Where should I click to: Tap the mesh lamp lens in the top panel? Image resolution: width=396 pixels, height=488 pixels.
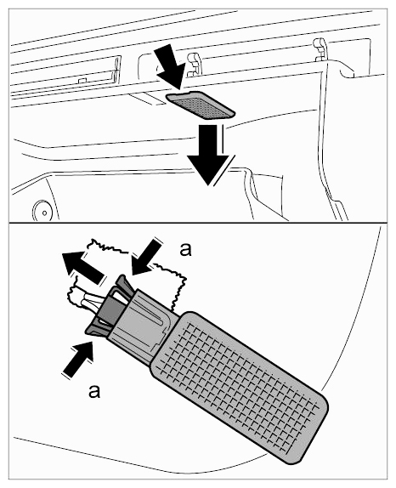201,105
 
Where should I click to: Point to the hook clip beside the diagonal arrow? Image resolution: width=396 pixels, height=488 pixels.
194,64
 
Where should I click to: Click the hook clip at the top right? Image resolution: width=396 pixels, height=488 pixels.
319,49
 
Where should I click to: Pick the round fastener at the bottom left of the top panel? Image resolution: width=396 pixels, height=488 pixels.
43,211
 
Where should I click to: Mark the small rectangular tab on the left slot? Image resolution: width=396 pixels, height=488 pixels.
82,80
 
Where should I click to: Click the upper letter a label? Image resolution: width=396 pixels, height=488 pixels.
185,250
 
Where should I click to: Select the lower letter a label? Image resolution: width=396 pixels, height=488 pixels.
94,390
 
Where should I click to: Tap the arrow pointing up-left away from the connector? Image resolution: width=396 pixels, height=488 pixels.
83,265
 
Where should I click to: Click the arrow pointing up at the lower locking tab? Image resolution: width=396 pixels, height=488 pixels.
78,359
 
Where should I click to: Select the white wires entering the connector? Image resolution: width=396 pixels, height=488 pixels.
88,301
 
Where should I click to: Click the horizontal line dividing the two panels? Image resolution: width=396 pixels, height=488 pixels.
198,223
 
